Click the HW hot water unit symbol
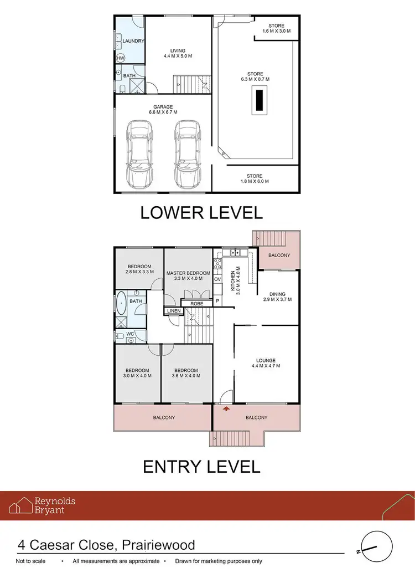tap(121, 58)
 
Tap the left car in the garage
tap(139, 154)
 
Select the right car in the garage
tap(188, 154)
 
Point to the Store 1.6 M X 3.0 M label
tap(277, 29)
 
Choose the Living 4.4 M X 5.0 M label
tap(178, 54)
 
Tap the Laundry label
tap(133, 41)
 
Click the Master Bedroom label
tap(188, 276)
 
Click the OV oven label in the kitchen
tap(217, 280)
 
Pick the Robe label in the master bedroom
tap(196, 304)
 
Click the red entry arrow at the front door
tap(226, 409)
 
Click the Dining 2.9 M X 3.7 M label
tap(277, 296)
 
